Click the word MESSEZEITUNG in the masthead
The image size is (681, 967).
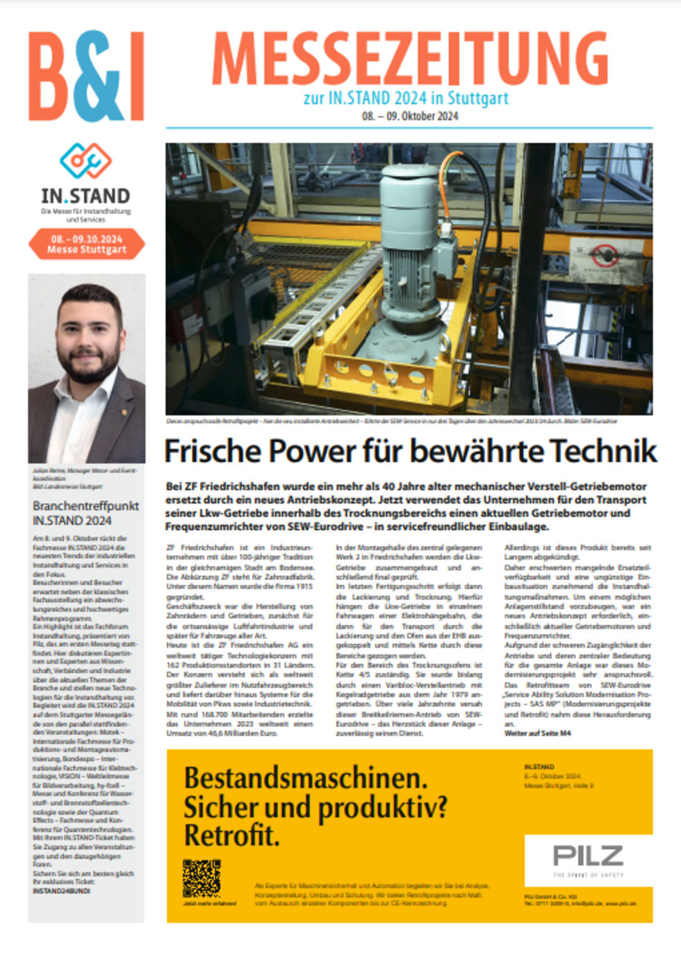[410, 60]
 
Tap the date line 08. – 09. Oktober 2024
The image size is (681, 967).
[410, 116]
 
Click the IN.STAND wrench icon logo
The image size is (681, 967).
[85, 160]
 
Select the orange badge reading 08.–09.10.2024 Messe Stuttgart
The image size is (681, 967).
[87, 244]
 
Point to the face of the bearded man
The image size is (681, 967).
[87, 333]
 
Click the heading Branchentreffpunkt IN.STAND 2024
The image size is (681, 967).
[85, 513]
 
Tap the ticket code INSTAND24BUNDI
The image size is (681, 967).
[61, 891]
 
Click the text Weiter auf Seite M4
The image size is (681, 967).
[537, 733]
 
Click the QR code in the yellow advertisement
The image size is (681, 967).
[202, 878]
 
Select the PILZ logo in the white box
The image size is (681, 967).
[588, 855]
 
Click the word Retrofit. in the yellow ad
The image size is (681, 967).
[231, 836]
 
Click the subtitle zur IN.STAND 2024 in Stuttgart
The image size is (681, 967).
[406, 98]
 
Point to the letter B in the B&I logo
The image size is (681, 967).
[52, 76]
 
